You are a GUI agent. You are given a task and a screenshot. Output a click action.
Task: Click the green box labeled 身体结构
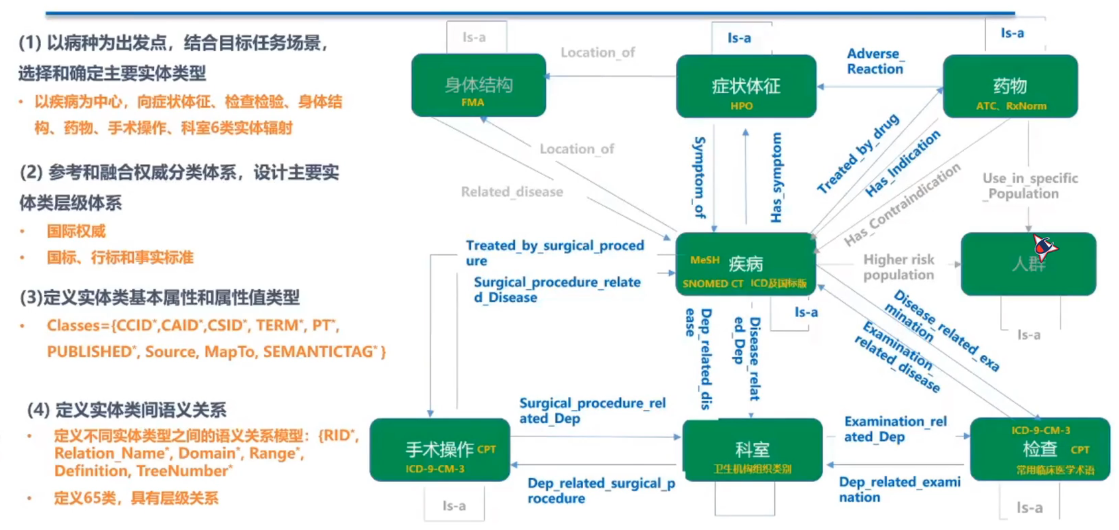478,85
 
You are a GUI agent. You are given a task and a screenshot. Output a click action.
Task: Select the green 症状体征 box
745,86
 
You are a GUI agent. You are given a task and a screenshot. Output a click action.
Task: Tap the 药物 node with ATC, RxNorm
1010,86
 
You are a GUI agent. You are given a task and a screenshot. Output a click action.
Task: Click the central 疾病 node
745,264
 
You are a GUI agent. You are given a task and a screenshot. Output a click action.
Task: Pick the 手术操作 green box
440,450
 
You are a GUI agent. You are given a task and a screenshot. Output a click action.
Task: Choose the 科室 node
752,450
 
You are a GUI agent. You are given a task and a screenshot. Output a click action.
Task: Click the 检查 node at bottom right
1040,449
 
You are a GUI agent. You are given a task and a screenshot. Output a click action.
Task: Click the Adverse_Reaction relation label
875,61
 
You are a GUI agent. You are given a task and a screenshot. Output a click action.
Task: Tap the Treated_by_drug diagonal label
858,154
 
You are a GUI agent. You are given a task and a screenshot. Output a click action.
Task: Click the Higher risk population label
899,267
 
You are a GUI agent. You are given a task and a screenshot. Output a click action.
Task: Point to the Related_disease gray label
511,192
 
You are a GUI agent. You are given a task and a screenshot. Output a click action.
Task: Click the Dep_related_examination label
899,489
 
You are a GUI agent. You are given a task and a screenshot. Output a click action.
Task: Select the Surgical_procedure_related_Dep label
592,411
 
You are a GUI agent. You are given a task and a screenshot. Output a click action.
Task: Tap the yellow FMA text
472,102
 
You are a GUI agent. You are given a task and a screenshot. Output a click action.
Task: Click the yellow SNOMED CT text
712,284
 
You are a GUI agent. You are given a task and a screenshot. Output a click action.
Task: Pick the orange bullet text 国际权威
76,231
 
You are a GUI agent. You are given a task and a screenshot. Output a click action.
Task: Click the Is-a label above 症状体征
739,38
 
